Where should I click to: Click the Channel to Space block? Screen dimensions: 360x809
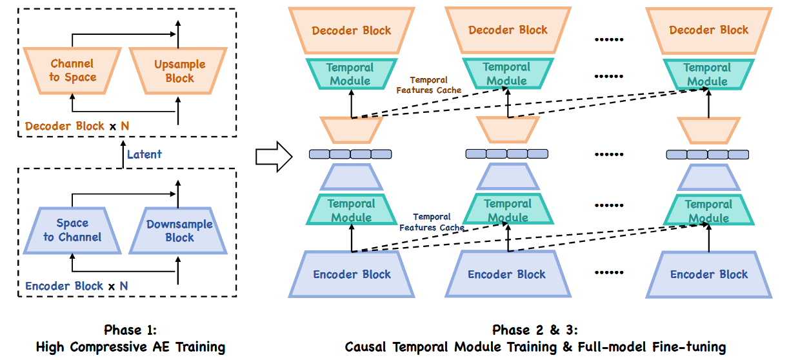pyautogui.click(x=72, y=70)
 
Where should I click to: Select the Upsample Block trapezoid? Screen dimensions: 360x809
pyautogui.click(x=179, y=71)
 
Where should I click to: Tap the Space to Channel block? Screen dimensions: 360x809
pyautogui.click(x=72, y=230)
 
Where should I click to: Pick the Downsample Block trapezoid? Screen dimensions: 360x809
pyautogui.click(x=179, y=230)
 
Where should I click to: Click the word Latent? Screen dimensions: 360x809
pyautogui.click(x=145, y=154)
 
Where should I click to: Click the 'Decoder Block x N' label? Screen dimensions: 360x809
pyautogui.click(x=77, y=126)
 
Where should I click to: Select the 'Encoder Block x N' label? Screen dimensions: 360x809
pyautogui.click(x=76, y=286)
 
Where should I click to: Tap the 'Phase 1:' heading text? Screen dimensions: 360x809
pyautogui.click(x=130, y=330)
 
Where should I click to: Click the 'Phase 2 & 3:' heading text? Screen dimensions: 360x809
pyautogui.click(x=535, y=330)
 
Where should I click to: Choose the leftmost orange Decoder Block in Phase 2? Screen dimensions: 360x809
pyautogui.click(x=352, y=30)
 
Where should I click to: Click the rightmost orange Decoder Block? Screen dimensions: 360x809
pyautogui.click(x=708, y=30)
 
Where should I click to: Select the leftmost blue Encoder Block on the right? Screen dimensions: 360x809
pyautogui.click(x=352, y=274)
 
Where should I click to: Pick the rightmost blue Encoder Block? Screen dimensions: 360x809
pyautogui.click(x=708, y=274)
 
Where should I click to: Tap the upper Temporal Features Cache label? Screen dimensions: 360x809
pyautogui.click(x=429, y=85)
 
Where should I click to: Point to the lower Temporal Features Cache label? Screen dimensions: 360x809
pyautogui.click(x=432, y=223)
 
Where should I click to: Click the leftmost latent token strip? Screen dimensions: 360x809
pyautogui.click(x=350, y=154)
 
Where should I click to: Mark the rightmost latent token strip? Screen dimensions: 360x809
pyautogui.click(x=707, y=155)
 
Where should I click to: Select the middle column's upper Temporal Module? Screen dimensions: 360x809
pyautogui.click(x=506, y=74)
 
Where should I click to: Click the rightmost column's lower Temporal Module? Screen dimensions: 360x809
pyautogui.click(x=708, y=211)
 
